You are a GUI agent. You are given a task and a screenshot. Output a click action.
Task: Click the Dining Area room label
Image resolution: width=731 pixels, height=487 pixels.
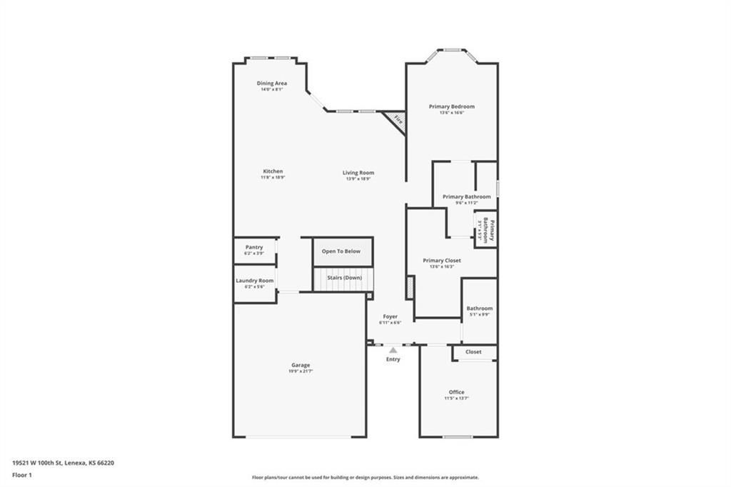pyautogui.click(x=272, y=84)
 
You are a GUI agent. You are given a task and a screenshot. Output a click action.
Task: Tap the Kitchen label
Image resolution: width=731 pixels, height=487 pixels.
pyautogui.click(x=273, y=171)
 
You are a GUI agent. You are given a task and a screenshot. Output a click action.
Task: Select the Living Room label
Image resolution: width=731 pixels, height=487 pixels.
pyautogui.click(x=358, y=173)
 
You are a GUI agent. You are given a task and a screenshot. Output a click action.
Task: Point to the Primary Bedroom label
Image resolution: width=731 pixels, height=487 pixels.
pyautogui.click(x=451, y=106)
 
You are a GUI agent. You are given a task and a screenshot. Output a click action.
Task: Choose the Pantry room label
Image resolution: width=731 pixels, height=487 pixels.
pyautogui.click(x=254, y=248)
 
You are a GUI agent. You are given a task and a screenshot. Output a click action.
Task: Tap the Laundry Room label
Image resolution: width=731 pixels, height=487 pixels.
pyautogui.click(x=255, y=281)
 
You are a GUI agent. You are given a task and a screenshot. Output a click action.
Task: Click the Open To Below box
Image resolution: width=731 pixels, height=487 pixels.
pyautogui.click(x=341, y=251)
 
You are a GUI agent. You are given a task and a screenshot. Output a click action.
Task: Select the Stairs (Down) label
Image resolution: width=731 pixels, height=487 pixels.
pyautogui.click(x=344, y=277)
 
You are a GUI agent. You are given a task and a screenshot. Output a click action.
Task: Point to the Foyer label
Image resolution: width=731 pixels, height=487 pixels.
pyautogui.click(x=390, y=316)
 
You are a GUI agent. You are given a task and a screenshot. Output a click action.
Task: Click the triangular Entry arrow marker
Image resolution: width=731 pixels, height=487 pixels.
pyautogui.click(x=393, y=350)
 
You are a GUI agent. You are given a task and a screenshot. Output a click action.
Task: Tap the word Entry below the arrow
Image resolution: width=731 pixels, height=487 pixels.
pyautogui.click(x=393, y=359)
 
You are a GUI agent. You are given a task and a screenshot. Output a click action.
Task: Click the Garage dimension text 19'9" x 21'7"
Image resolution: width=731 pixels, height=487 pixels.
pyautogui.click(x=300, y=371)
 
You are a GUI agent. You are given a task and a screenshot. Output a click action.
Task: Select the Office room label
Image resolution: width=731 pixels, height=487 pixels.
pyautogui.click(x=457, y=392)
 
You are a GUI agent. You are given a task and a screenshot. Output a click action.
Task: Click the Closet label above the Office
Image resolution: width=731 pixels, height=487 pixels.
pyautogui.click(x=473, y=352)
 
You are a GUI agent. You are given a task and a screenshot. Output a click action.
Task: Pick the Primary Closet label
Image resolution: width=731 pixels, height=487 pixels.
pyautogui.click(x=442, y=261)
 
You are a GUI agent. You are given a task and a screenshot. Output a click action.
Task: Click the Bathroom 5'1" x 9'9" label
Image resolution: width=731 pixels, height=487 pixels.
pyautogui.click(x=480, y=308)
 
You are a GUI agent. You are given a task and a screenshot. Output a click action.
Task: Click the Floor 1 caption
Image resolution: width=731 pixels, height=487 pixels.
pyautogui.click(x=22, y=474)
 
